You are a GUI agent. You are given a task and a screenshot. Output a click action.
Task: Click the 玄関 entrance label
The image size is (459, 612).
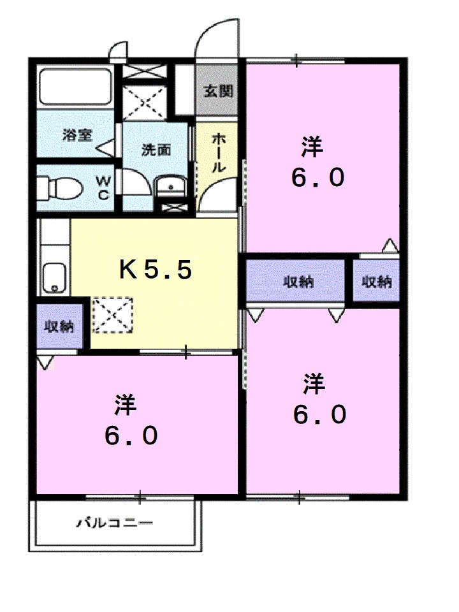(x=218, y=91)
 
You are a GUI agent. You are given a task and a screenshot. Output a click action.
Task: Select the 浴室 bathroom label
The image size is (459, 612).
(x=78, y=135)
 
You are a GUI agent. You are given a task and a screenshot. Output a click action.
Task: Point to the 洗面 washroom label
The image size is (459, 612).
(x=156, y=150)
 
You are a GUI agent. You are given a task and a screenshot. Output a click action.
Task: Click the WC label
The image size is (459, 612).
(x=103, y=189)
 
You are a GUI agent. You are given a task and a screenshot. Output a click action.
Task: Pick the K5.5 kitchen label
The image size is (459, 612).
(x=156, y=270)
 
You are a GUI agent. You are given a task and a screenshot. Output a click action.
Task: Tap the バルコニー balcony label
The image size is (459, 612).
(x=115, y=524)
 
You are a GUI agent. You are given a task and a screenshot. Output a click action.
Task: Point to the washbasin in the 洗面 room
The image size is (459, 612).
(x=170, y=187)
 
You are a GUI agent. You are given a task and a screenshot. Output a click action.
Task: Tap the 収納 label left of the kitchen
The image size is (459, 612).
(x=59, y=326)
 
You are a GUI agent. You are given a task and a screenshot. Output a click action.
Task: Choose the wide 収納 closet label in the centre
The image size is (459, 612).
(x=298, y=282)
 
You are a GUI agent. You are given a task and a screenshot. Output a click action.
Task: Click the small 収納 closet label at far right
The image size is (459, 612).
(x=377, y=282)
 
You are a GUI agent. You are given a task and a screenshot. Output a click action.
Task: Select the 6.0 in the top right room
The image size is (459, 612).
(x=319, y=178)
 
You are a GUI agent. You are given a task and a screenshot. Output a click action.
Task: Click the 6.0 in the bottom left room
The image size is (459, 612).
(x=131, y=436)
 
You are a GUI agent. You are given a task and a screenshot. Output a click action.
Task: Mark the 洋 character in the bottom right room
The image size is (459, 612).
(x=314, y=384)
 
